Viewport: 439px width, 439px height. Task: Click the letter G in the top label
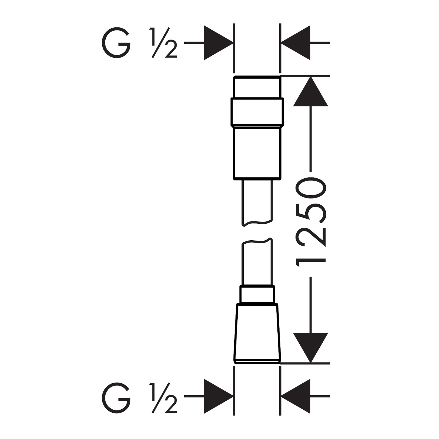point(116,43)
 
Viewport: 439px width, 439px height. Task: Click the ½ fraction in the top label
point(163,43)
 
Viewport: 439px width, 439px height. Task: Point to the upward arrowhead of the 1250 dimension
point(311,91)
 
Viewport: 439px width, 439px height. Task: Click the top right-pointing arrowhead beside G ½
point(218,43)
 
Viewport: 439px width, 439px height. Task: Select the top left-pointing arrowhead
point(296,43)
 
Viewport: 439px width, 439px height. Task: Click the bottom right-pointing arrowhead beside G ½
point(218,396)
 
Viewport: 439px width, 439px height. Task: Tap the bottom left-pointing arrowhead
point(296,396)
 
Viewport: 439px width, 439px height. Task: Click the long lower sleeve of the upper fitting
point(257,153)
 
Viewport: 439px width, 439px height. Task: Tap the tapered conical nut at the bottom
point(257,333)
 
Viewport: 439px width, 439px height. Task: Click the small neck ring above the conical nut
point(257,294)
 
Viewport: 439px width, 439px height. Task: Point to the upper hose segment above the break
point(257,202)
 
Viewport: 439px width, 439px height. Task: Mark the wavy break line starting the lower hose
point(257,241)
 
